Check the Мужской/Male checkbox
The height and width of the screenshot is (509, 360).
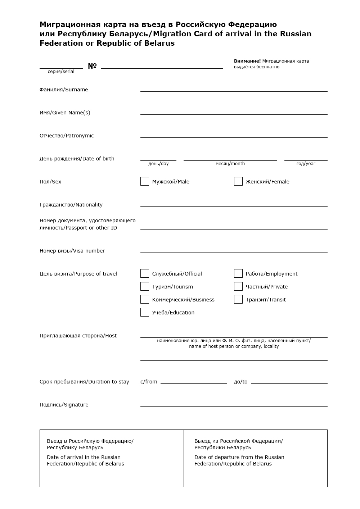(x=145, y=181)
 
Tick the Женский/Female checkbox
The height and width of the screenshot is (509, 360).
(x=238, y=181)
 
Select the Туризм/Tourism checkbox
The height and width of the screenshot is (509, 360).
(x=145, y=286)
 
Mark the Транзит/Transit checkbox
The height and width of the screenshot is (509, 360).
(x=238, y=299)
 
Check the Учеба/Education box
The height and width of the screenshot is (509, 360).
(x=145, y=312)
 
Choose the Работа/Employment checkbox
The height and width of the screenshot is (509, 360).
(x=238, y=273)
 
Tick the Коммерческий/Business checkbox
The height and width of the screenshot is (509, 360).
(x=145, y=299)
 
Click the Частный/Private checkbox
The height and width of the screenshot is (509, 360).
(x=238, y=286)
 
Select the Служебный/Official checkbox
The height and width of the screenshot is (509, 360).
(x=145, y=273)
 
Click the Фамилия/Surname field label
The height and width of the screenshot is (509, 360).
(x=64, y=90)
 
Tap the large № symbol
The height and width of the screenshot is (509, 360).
(x=92, y=66)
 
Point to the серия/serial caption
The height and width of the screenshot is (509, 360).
(x=61, y=72)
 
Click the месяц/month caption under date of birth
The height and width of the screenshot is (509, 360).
(x=230, y=164)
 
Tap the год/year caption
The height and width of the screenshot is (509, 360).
(x=306, y=164)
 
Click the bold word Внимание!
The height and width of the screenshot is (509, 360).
(x=247, y=61)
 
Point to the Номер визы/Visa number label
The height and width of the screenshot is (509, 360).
(x=72, y=251)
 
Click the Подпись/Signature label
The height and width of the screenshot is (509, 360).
(x=64, y=405)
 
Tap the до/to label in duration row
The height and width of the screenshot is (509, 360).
(x=240, y=382)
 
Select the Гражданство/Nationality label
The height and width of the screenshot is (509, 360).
(x=71, y=205)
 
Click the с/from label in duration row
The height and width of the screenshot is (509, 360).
(x=149, y=382)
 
